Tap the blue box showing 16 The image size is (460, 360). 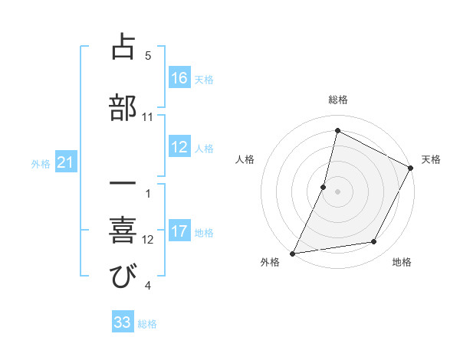(179, 78)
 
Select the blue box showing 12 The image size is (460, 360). (179, 148)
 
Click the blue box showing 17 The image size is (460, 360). (179, 232)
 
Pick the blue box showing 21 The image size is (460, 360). (65, 162)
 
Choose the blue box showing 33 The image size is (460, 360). (123, 323)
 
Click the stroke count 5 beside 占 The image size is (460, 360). (148, 56)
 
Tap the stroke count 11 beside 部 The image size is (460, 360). (148, 116)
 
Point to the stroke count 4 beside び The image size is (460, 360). (148, 286)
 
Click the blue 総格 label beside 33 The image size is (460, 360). (147, 324)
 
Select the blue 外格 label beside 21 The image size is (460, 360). (41, 163)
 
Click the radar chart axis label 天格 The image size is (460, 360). (431, 159)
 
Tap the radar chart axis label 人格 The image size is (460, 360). (245, 159)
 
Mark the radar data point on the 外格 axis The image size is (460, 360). (293, 253)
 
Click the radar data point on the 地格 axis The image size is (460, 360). (374, 242)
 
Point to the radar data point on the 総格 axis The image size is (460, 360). (337, 130)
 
